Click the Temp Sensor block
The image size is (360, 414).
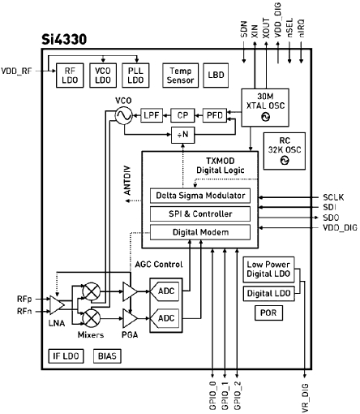point(179,75)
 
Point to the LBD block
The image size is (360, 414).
point(215,75)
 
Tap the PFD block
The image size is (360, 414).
point(213,115)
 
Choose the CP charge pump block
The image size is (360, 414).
point(182,115)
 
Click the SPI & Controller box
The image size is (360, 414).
point(199,214)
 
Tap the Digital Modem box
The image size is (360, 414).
point(199,233)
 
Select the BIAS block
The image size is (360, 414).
point(106,356)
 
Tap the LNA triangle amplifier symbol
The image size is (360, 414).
point(60,304)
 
